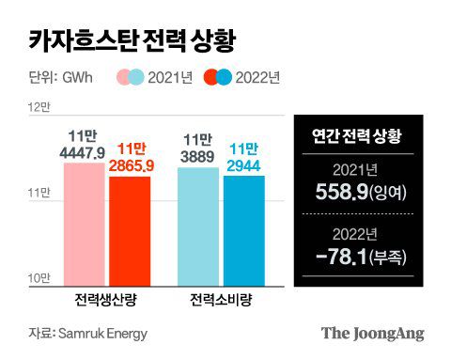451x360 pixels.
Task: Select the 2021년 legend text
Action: [179, 76]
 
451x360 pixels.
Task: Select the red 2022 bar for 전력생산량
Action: [130, 229]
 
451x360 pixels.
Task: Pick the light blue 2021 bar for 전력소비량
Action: [198, 225]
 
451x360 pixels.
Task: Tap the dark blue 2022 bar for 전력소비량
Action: [243, 229]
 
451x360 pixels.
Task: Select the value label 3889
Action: [198, 152]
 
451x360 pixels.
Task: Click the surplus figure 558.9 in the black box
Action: [346, 193]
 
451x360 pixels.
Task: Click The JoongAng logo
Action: [373, 333]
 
